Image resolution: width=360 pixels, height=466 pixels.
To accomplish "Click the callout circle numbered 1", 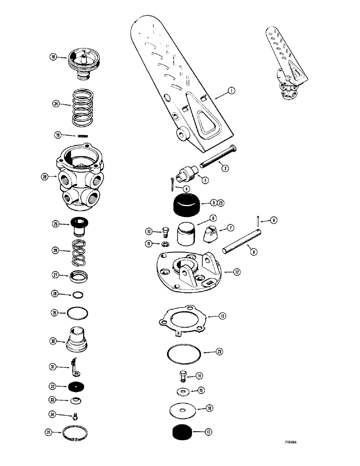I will [232, 92].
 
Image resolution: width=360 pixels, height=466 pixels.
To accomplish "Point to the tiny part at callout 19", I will [83, 136].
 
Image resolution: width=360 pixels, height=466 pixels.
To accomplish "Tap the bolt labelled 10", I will [163, 231].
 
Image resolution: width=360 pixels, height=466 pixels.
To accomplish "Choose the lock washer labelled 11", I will [164, 244].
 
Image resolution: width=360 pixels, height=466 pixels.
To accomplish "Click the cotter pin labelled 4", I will [174, 183].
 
